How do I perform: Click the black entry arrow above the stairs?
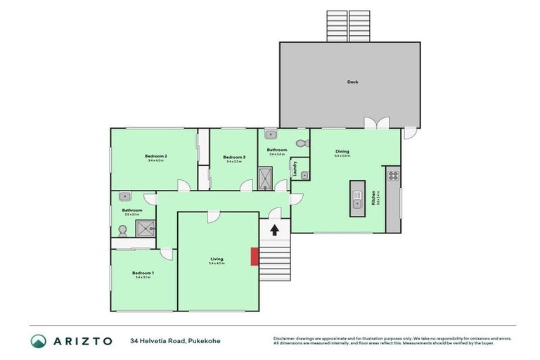pyautogui.click(x=275, y=229)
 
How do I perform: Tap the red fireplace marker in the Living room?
pyautogui.click(x=254, y=257)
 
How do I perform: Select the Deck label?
pyautogui.click(x=353, y=82)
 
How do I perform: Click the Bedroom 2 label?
pyautogui.click(x=155, y=156)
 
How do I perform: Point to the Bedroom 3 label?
pyautogui.click(x=234, y=157)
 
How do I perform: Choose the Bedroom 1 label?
pyautogui.click(x=143, y=273)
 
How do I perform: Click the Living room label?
pyautogui.click(x=217, y=259)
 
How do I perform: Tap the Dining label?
pyautogui.click(x=342, y=151)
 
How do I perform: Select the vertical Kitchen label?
pyautogui.click(x=377, y=198)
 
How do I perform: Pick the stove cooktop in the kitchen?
pyautogui.click(x=393, y=175)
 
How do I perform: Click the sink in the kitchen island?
pyautogui.click(x=357, y=194)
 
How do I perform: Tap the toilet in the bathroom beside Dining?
pyautogui.click(x=302, y=143)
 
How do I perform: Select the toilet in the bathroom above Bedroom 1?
pyautogui.click(x=122, y=229)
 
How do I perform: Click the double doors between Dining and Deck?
pyautogui.click(x=375, y=123)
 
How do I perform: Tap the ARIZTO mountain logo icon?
pyautogui.click(x=39, y=341)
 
